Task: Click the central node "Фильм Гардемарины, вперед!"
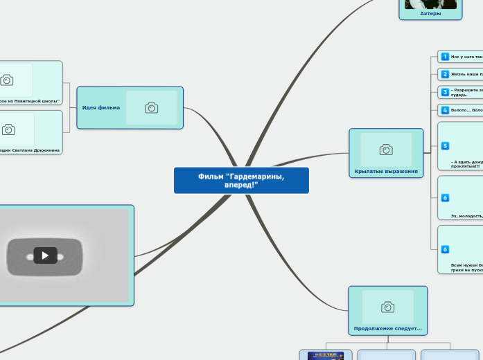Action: point(241,181)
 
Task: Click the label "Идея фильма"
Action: point(101,107)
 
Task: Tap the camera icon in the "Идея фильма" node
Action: point(151,107)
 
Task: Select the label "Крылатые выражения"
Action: point(386,171)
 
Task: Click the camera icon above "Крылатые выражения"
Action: point(386,150)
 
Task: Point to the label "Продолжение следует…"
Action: point(387,328)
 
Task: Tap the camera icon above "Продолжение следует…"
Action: point(387,307)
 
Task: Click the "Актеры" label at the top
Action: point(430,13)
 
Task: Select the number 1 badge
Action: point(445,57)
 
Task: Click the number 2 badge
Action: point(445,74)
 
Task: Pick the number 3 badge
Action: point(445,92)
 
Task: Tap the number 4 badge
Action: point(445,110)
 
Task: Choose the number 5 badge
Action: point(445,145)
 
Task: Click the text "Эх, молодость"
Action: point(466,216)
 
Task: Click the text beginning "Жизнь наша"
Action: point(466,74)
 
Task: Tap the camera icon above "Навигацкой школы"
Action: point(7,80)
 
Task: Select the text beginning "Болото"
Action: point(466,110)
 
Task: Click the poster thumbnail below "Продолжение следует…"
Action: point(326,356)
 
